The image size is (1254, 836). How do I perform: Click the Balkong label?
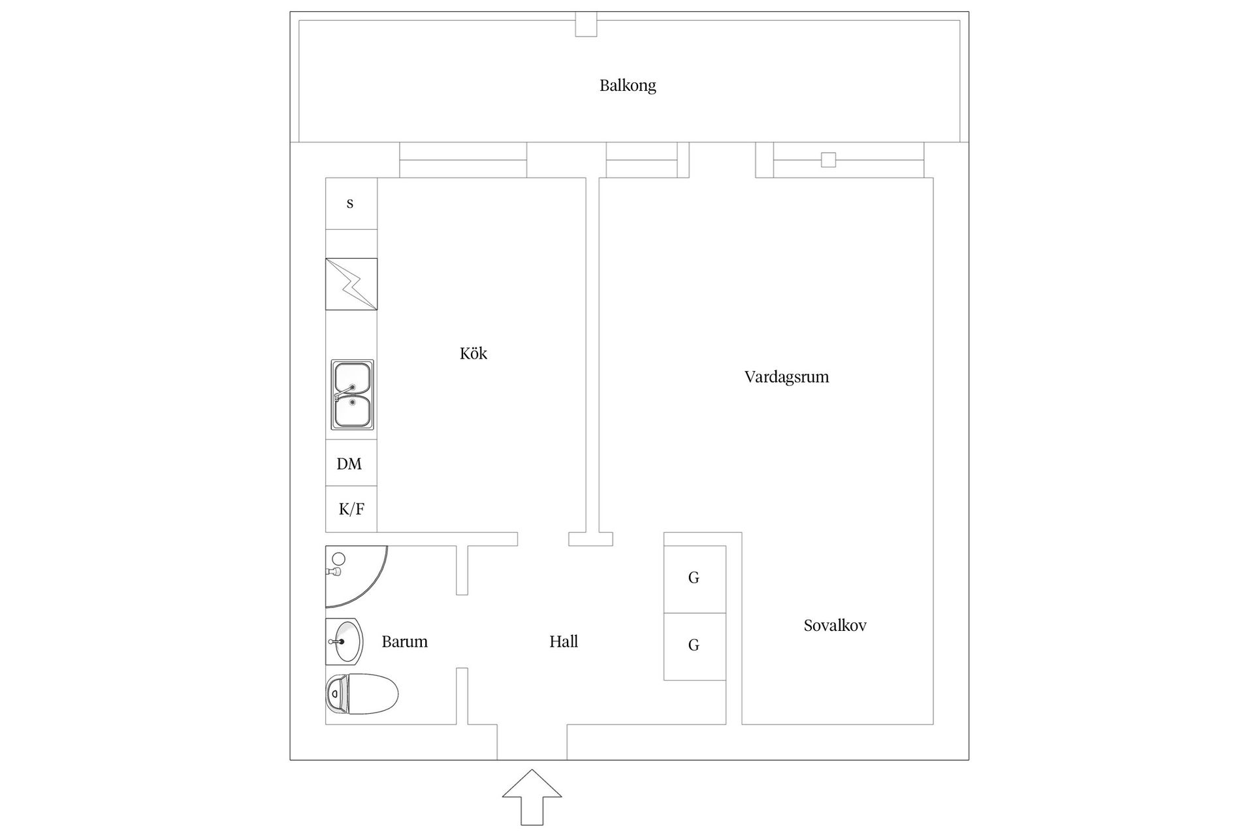click(628, 86)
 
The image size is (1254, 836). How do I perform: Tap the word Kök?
click(474, 353)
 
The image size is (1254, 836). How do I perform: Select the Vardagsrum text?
click(786, 377)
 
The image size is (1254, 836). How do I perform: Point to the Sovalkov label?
click(835, 626)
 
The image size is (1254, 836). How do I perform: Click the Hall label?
click(564, 641)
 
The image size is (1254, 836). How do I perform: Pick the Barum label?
click(404, 641)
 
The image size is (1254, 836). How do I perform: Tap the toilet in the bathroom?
click(362, 694)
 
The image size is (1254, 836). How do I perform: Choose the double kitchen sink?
click(352, 394)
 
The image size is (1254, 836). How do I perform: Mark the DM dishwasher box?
click(351, 464)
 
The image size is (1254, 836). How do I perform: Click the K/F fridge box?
click(351, 509)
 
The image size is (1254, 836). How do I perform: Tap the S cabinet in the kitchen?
click(351, 203)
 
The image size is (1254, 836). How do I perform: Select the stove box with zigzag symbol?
click(351, 284)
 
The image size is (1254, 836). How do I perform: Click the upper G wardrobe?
click(694, 579)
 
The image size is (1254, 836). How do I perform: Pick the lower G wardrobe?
click(694, 646)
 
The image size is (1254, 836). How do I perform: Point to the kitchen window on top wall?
click(463, 160)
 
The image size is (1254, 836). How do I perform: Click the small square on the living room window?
click(828, 159)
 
